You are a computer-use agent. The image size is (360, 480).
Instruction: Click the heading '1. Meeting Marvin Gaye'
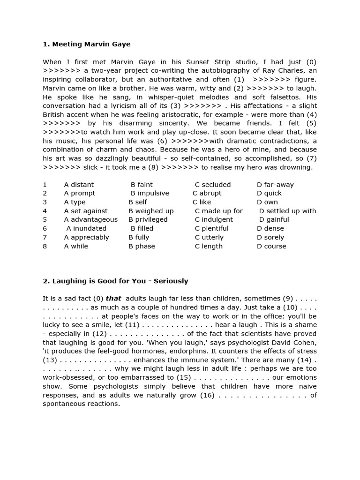coord(87,44)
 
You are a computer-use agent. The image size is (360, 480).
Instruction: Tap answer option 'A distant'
coord(79,185)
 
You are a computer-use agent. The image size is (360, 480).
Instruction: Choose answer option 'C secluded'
coord(213,185)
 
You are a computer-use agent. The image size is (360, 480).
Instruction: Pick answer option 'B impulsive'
coord(150,193)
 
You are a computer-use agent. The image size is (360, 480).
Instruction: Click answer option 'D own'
coord(267,202)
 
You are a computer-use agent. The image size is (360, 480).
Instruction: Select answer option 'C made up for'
coord(218,211)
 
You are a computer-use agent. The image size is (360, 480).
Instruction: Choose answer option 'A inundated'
coord(86,228)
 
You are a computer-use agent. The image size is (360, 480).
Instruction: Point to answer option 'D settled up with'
coord(287,211)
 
